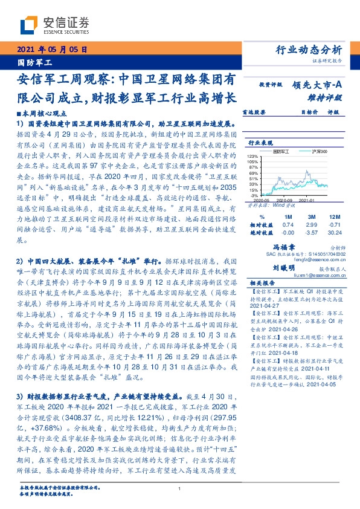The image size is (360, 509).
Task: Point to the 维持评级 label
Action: click(329, 97)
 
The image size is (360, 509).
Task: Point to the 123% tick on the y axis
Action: click(253, 155)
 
